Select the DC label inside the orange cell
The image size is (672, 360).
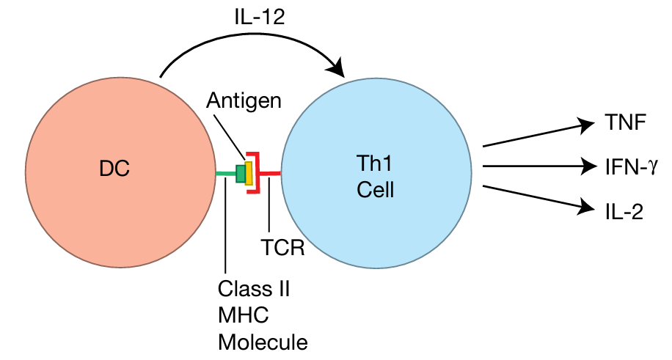pyautogui.click(x=114, y=169)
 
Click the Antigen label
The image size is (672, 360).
pyautogui.click(x=244, y=100)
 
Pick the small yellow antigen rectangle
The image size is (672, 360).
pyautogui.click(x=249, y=172)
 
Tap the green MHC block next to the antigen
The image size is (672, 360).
pyautogui.click(x=241, y=173)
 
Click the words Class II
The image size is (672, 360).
pyautogui.click(x=254, y=287)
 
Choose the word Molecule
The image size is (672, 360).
pyautogui.click(x=263, y=341)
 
